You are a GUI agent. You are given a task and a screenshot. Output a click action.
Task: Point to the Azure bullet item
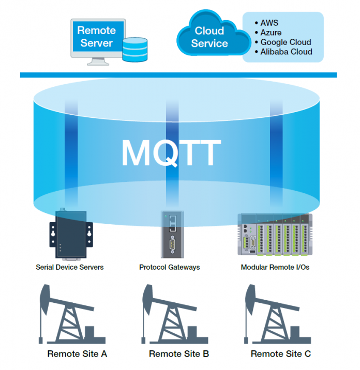coord(271,33)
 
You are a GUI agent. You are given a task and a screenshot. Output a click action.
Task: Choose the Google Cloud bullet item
coord(285,42)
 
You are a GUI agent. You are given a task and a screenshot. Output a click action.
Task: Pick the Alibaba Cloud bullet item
coord(286,51)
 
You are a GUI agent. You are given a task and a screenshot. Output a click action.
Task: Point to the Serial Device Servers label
coord(70,267)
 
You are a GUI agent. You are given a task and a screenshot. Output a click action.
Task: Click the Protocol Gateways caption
coord(170,267)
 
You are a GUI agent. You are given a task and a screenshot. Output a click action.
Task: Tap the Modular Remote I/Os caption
coord(275,267)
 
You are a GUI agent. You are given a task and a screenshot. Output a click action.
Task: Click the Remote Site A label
coord(77,354)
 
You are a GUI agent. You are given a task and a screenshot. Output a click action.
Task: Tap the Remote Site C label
coord(281,354)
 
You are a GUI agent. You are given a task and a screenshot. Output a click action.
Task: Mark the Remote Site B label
coord(179,354)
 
